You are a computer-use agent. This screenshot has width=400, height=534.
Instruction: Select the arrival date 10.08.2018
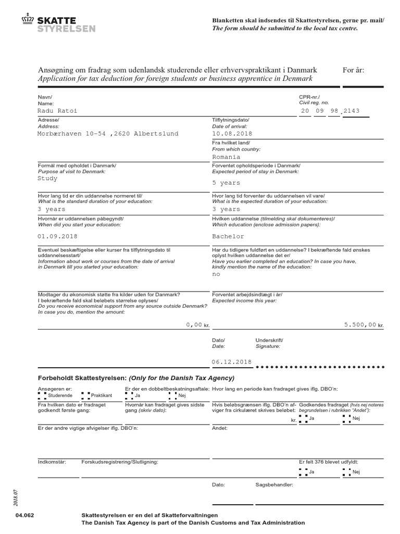[232, 133]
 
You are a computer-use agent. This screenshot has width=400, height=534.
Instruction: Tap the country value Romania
[226, 156]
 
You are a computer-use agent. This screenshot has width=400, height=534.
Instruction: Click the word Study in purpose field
[47, 178]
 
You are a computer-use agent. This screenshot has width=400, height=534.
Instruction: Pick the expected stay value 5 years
[226, 183]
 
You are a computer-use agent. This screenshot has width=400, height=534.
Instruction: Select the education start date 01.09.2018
[58, 236]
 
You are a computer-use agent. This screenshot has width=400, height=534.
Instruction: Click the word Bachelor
[228, 236]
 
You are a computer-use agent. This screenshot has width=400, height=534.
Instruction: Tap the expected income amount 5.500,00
[360, 324]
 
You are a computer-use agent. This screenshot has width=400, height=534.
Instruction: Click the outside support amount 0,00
[194, 324]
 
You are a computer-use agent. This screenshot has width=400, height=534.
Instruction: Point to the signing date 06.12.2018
[232, 362]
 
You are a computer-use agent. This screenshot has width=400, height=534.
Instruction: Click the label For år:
[354, 70]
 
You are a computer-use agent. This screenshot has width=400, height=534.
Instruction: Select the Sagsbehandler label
[274, 484]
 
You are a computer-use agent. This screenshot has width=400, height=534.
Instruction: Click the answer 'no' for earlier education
[216, 274]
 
